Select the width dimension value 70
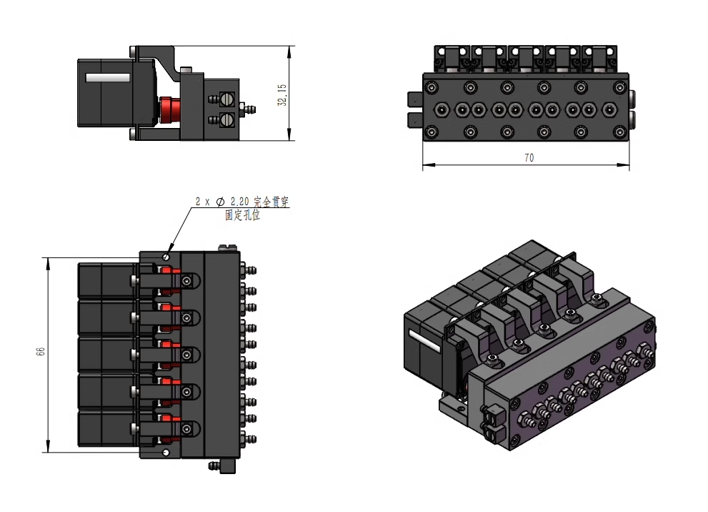[529, 158]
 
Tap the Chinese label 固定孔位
[242, 215]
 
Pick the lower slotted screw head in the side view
[227, 119]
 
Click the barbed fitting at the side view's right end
[250, 109]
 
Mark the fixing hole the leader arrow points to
[166, 257]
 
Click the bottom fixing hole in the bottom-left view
[166, 452]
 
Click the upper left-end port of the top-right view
[414, 99]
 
